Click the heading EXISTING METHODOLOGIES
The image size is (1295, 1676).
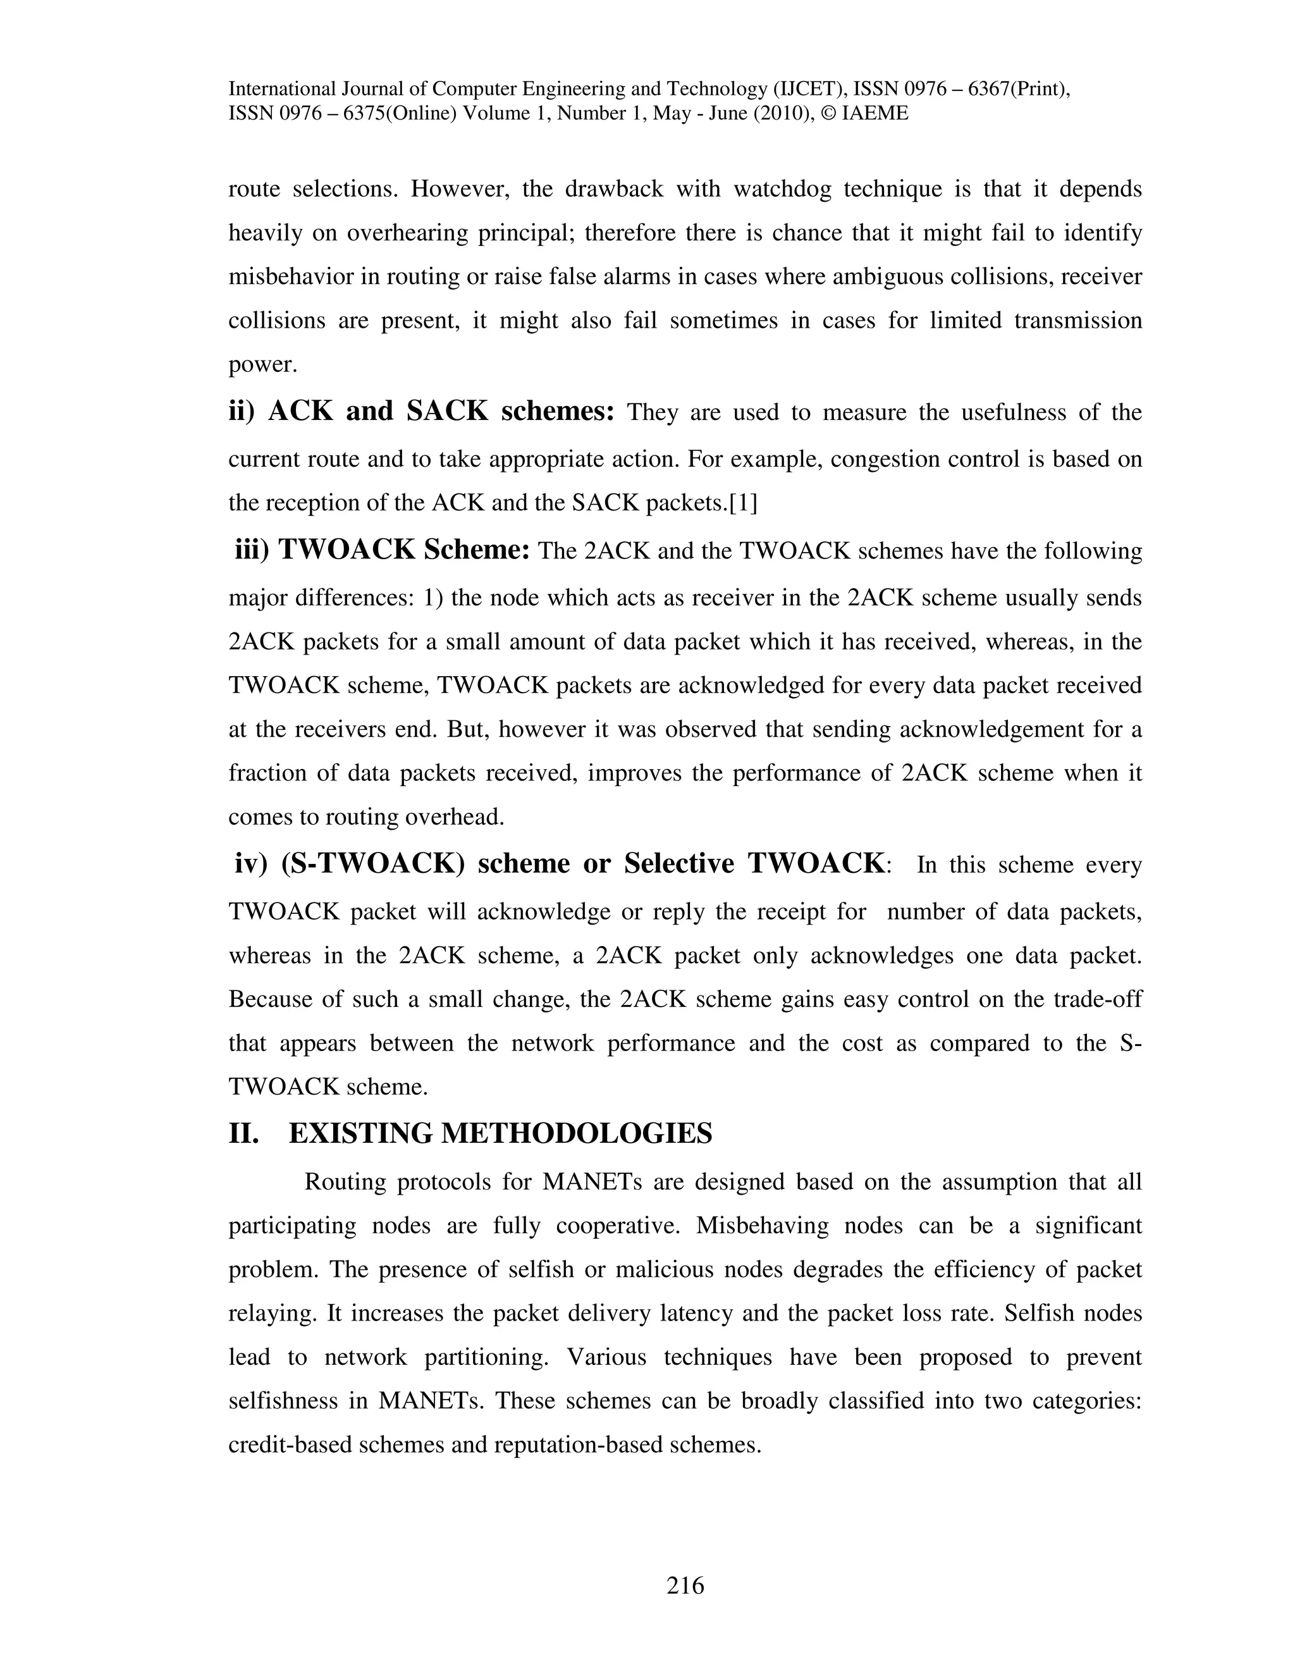[500, 1133]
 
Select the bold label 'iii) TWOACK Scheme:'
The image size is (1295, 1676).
[383, 550]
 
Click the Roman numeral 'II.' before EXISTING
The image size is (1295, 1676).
[244, 1133]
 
